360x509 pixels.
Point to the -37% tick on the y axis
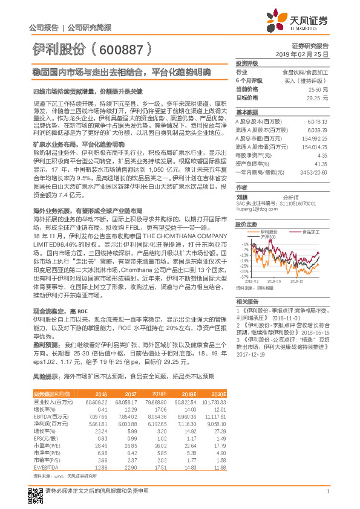click(x=244, y=276)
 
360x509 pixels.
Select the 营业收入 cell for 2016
click(x=97, y=401)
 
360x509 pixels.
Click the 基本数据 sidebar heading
click(x=247, y=112)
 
